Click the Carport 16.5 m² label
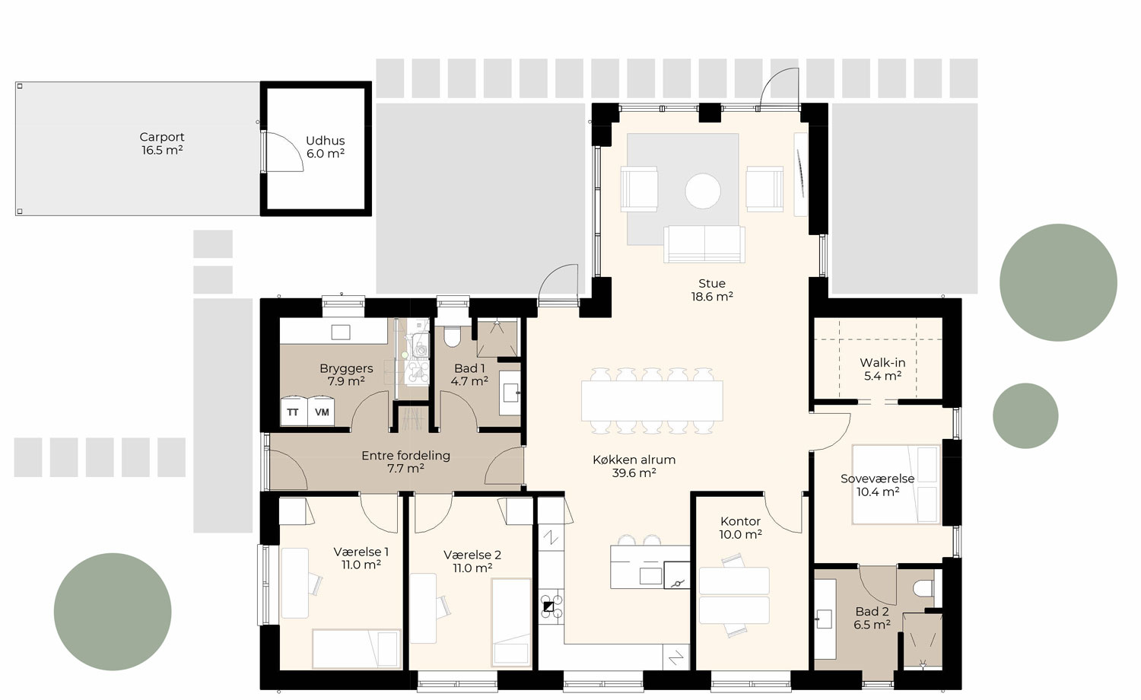162,144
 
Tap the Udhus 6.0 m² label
325,147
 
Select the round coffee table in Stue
702,191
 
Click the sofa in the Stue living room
704,244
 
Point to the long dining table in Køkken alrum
652,401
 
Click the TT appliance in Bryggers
293,412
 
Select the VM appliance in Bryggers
322,412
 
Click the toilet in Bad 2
922,589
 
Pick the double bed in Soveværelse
896,485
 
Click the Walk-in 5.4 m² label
882,369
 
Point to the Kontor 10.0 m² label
740,527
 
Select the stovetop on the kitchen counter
550,606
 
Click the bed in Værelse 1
356,648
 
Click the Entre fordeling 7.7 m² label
405,462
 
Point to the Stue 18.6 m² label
712,290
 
